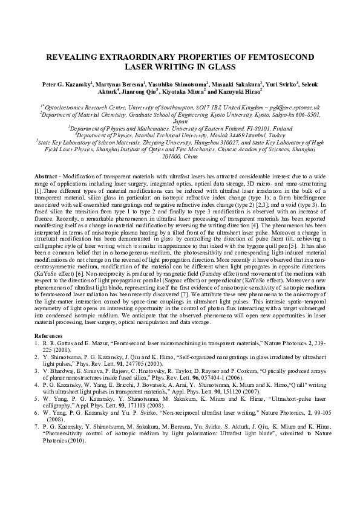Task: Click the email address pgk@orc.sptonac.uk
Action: pyautogui.click(x=286, y=107)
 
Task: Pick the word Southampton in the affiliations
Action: pyautogui.click(x=188, y=107)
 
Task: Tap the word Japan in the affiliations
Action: pyautogui.click(x=180, y=120)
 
